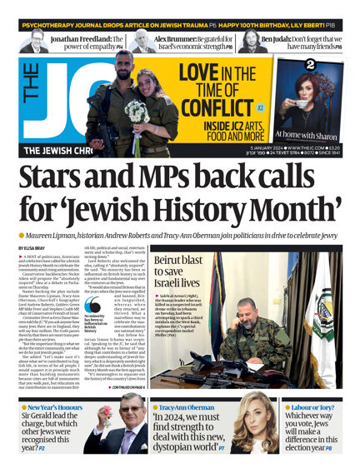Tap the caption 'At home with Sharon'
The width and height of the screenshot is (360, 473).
coord(316,137)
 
